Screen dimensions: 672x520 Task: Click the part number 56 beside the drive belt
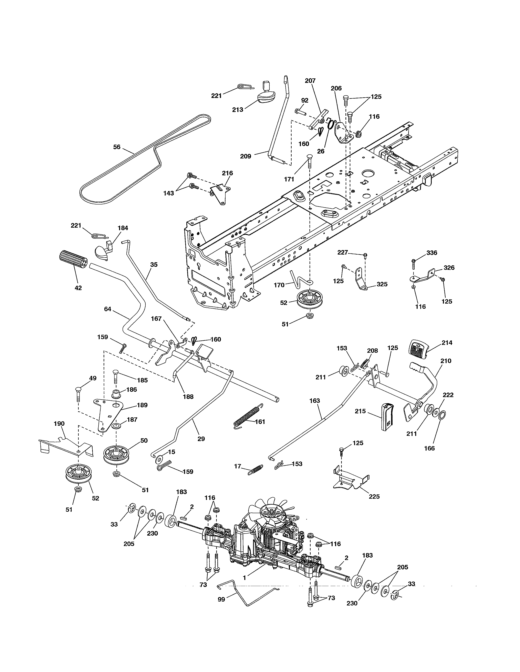pyautogui.click(x=117, y=147)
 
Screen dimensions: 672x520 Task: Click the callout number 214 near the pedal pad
pyautogui.click(x=447, y=343)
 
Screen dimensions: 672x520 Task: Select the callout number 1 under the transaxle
pyautogui.click(x=244, y=578)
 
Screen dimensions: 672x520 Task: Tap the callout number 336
pyautogui.click(x=431, y=253)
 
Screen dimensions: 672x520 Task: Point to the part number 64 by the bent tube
pyautogui.click(x=107, y=309)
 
